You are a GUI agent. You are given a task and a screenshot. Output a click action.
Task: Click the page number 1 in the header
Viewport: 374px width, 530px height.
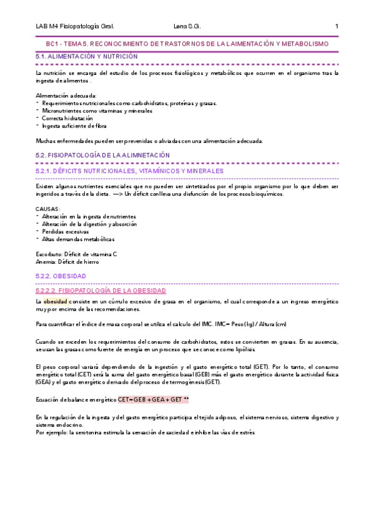337,26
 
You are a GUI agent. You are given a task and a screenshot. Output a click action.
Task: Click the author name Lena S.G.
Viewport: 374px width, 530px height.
186,26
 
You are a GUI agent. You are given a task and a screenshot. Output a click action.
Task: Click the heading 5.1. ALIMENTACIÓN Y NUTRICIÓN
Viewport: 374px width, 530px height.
87,57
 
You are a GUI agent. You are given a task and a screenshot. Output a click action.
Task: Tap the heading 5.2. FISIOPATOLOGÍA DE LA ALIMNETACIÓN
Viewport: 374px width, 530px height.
102,155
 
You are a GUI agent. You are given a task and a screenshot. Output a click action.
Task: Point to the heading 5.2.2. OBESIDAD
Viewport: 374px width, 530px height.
61,276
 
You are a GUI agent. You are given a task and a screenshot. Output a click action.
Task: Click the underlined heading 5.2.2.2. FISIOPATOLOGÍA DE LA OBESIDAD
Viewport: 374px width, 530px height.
101,291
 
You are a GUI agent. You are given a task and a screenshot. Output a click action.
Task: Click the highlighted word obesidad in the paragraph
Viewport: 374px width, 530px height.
55,302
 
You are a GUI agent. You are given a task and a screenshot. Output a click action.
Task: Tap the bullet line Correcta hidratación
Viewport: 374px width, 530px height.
67,118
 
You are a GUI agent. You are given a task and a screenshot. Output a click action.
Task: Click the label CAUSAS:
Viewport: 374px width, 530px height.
48,209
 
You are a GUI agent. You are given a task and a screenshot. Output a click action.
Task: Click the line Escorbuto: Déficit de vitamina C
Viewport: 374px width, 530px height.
76,254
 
